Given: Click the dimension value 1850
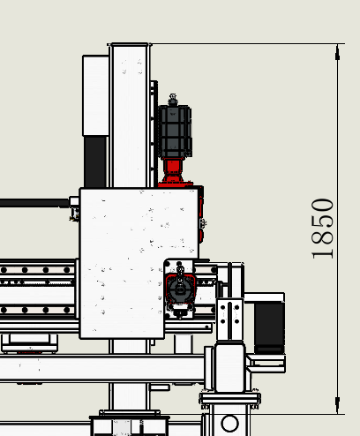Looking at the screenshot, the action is point(322,229).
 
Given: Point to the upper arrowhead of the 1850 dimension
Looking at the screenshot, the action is point(337,52).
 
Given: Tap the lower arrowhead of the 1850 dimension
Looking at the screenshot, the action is point(337,406).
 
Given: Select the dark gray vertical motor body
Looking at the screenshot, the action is point(175,132).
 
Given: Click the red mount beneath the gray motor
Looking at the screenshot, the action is point(174,172).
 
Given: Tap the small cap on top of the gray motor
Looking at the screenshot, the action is point(173,100).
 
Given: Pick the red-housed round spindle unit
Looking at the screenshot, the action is point(180,289).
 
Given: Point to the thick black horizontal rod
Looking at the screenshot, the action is point(34,203).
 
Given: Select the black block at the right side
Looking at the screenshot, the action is point(269,327).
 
